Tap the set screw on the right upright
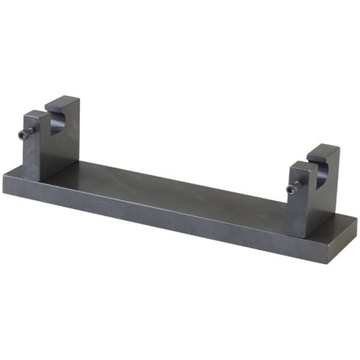click(x=291, y=189)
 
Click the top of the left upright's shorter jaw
click(x=35, y=114)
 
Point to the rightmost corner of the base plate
click(x=356, y=220)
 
